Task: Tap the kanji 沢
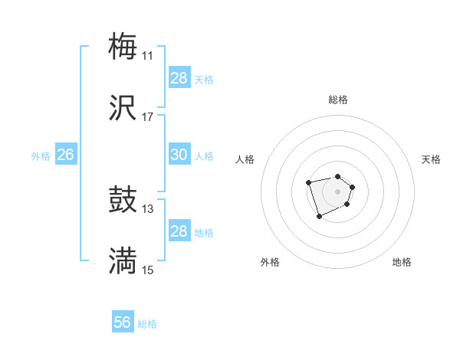click(x=123, y=108)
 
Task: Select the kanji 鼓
click(x=123, y=201)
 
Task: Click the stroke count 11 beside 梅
click(x=148, y=55)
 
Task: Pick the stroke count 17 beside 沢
click(x=148, y=117)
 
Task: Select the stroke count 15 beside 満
click(x=148, y=270)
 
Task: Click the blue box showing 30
click(x=179, y=155)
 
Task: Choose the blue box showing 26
click(x=65, y=155)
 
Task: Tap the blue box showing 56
click(x=123, y=322)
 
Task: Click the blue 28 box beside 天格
click(x=179, y=78)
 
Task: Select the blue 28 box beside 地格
click(x=179, y=231)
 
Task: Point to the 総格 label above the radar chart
click(x=338, y=100)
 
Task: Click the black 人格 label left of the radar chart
click(x=245, y=159)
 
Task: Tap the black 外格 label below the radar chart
click(x=270, y=262)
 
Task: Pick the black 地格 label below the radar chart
click(x=402, y=262)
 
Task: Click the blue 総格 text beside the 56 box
click(x=147, y=324)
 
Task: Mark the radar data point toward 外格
click(x=319, y=217)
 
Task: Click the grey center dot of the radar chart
click(x=337, y=191)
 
